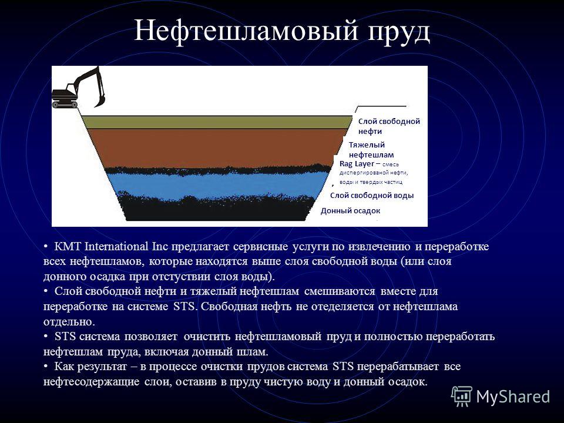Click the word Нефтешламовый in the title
coord(246,31)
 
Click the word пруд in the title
coord(399,32)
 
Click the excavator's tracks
coord(65,105)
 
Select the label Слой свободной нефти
coord(389,126)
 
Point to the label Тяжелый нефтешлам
coord(371,150)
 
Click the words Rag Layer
coord(357,164)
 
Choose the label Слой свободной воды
coord(372,195)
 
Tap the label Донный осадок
coord(350,211)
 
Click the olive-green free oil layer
coord(216,122)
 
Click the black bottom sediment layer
coord(216,209)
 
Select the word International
coord(116,247)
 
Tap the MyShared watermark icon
coord(462,397)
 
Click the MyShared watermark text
coord(513,397)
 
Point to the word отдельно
coord(69,321)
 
